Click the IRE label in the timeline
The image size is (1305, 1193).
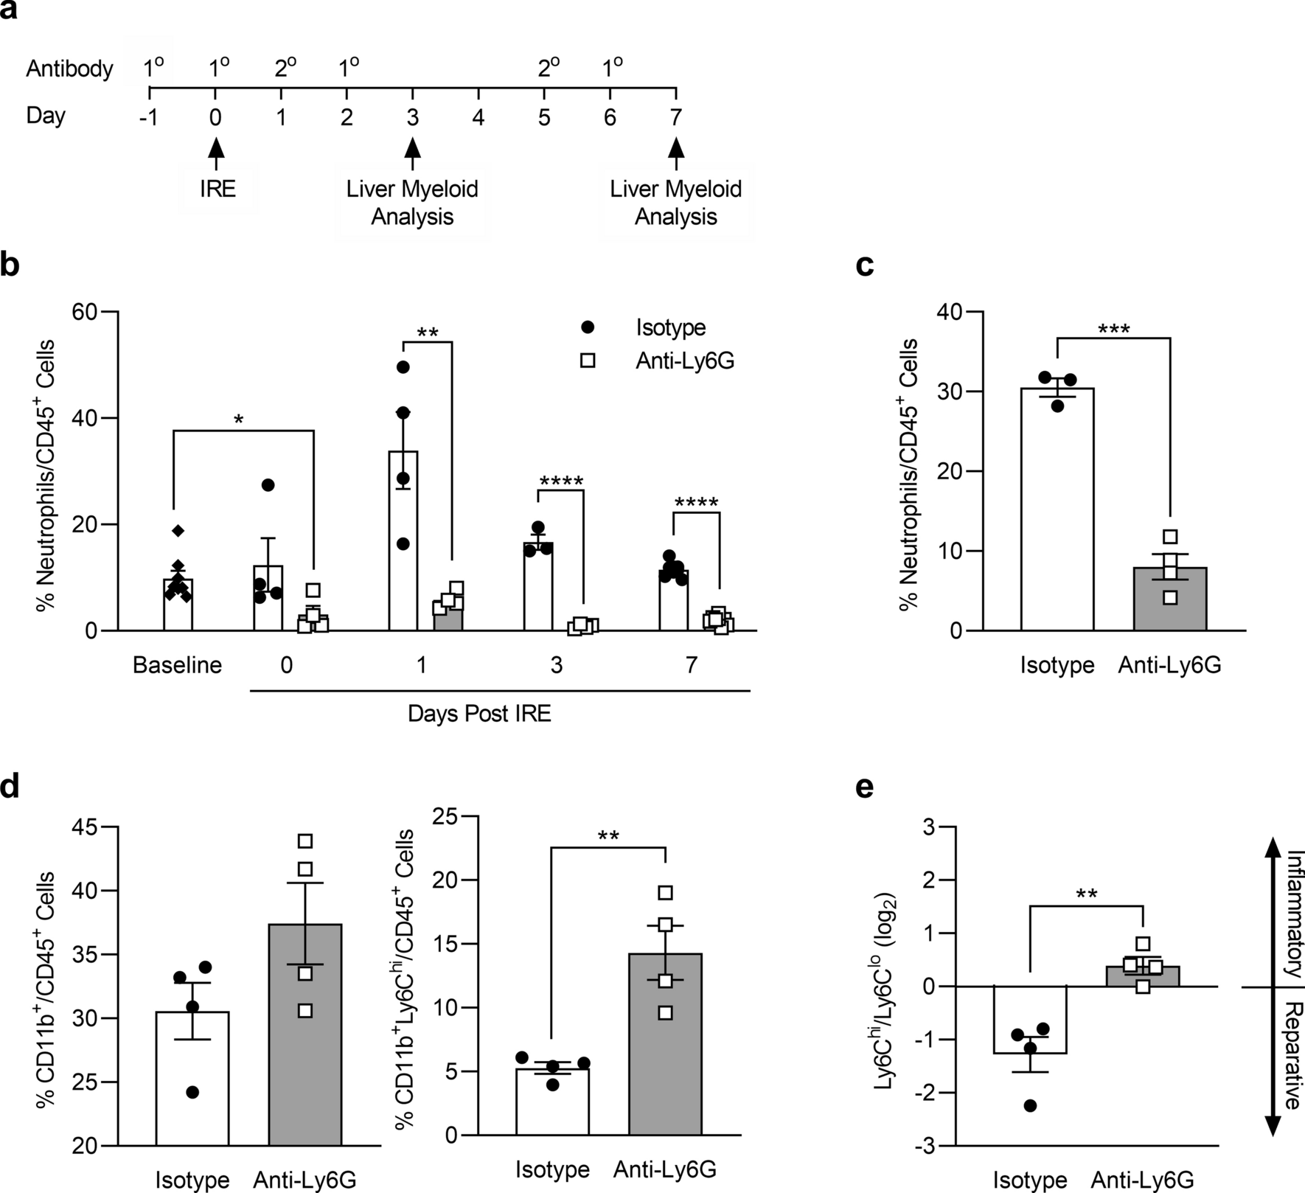tap(217, 189)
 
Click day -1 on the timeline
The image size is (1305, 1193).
tap(150, 116)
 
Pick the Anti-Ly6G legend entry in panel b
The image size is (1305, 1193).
tap(684, 361)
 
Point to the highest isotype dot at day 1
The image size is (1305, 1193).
tap(403, 366)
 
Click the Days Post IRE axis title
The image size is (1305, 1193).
tap(479, 714)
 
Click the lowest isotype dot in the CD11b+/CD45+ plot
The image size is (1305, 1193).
tap(192, 1092)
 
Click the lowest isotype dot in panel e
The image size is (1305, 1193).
tap(1030, 1105)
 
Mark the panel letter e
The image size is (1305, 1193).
tap(865, 787)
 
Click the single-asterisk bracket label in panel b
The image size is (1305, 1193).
tap(238, 420)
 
